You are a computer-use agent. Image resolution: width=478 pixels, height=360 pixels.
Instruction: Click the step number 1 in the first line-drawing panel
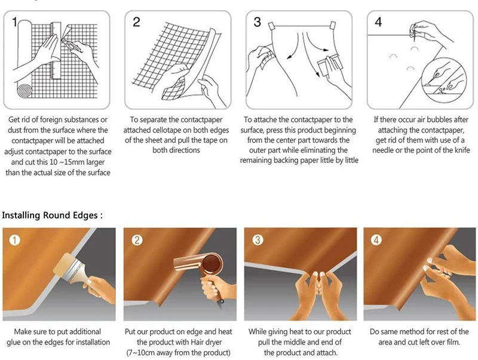14,22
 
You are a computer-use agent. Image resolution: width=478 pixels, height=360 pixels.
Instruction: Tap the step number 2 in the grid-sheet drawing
136,22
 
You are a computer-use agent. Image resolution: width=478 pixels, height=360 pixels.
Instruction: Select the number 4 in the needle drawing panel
378,21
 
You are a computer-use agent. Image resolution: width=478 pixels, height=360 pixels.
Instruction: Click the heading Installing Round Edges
52,216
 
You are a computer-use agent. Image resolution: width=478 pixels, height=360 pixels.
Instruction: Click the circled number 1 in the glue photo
14,241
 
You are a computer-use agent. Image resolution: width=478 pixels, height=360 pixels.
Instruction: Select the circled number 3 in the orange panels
258,239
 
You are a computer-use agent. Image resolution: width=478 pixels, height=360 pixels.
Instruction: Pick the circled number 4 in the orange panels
376,239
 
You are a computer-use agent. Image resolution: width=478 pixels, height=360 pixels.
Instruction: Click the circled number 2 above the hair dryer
137,241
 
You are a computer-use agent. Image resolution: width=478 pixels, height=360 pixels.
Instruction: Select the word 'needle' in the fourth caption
383,150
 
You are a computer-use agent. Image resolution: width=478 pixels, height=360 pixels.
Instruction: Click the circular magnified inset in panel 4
444,81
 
